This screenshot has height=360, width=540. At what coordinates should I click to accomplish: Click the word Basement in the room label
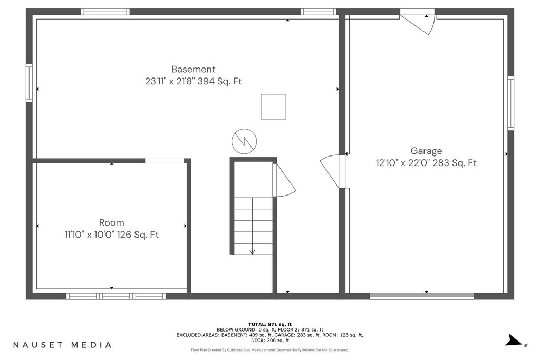coord(193,69)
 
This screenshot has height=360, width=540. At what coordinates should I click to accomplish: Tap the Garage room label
coord(426,151)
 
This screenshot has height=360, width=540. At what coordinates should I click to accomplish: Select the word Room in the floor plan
coord(112,222)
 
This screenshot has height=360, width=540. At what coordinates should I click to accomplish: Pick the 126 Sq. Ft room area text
coord(138,235)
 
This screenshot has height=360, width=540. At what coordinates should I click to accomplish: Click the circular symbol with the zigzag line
coord(244,141)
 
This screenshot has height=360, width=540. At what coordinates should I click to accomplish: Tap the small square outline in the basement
coord(273,106)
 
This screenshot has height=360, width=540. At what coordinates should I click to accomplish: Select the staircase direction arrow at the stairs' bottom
coord(252,252)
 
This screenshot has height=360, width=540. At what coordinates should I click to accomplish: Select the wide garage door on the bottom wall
coord(422,296)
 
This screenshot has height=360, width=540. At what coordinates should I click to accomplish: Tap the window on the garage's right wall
coord(510,103)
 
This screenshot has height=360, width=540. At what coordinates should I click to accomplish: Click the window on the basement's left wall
coord(30,83)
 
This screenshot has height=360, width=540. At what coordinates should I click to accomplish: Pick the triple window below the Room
coord(116,296)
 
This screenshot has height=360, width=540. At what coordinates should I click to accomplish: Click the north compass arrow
coord(514,340)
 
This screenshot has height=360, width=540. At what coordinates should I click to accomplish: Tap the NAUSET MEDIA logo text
coord(62,345)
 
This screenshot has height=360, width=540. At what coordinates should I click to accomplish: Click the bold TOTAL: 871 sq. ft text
coord(270,324)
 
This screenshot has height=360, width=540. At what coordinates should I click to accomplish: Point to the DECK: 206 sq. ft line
coord(270,340)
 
